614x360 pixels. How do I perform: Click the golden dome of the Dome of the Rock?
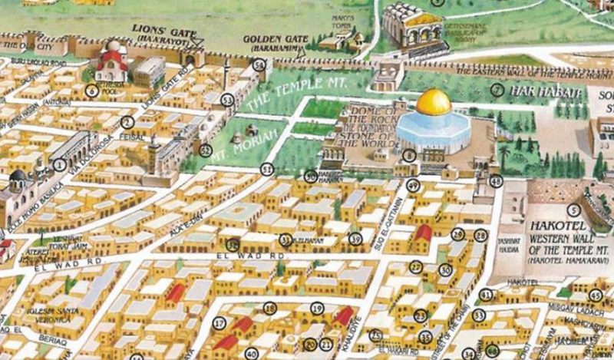coord(433,102)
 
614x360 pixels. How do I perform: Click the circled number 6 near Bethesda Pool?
coord(91,91)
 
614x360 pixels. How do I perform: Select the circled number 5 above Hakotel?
coord(572,210)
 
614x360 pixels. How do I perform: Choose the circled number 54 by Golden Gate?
coord(261,67)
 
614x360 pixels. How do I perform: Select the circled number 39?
coord(355,239)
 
